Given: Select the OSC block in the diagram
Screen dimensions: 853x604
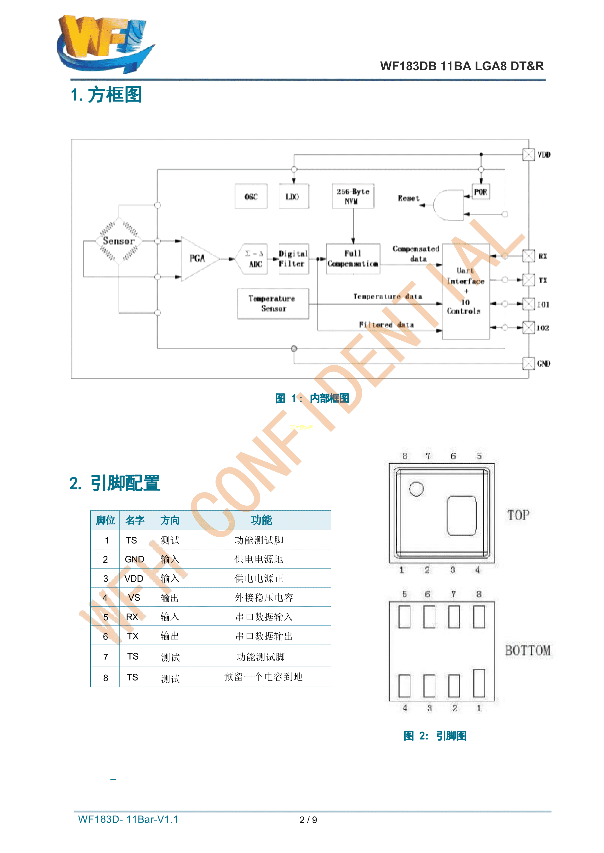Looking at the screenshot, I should click(251, 196).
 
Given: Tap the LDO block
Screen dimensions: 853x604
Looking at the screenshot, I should click(293, 196).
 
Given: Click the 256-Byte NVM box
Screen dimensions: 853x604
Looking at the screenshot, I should click(353, 196).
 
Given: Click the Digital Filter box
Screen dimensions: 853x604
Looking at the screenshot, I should click(293, 258).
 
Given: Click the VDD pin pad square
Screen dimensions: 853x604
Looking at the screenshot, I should click(528, 154).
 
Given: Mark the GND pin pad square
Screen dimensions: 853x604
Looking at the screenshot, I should click(528, 363).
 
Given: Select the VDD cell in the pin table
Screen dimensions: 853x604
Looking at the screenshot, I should click(134, 578).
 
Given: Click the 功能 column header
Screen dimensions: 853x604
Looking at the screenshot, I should click(261, 520).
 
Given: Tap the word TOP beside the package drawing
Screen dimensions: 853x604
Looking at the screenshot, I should click(518, 515).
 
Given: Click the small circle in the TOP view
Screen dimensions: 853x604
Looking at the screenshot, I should click(416, 489).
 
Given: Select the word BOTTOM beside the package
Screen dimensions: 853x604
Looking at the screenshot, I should click(527, 650).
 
